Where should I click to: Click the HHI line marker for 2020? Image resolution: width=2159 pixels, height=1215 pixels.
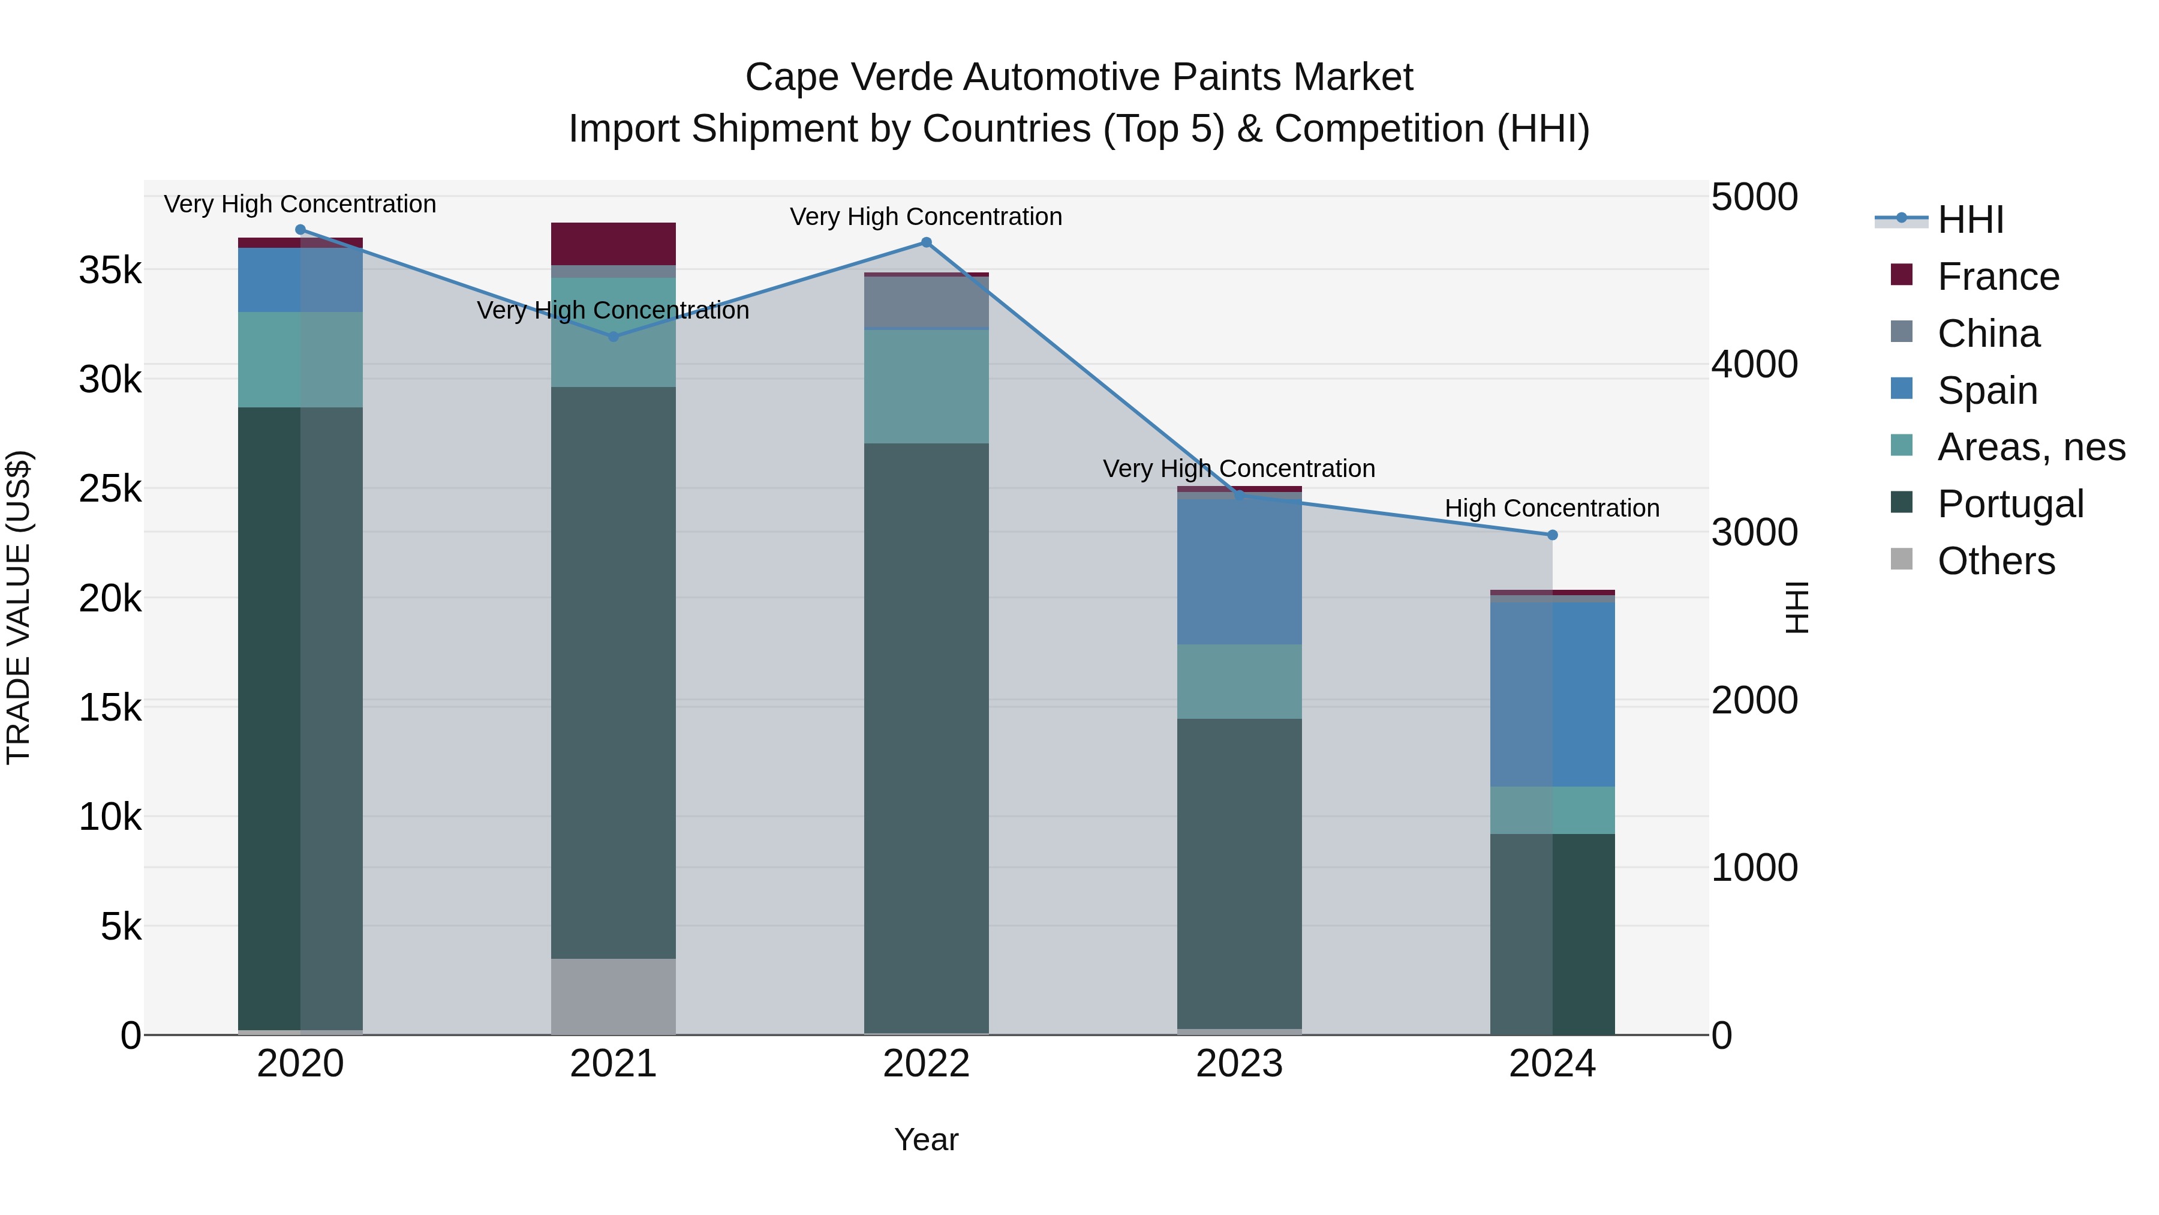(300, 230)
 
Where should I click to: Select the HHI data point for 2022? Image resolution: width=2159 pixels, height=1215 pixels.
(926, 242)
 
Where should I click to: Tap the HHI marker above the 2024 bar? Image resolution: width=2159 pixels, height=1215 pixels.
(1552, 535)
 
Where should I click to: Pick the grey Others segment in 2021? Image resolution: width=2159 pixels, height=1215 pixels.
(613, 996)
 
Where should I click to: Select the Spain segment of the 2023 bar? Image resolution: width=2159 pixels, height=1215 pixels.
(1239, 572)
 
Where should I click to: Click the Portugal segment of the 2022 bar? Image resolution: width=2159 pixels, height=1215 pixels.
(926, 738)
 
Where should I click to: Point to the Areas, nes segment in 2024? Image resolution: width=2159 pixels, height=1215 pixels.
(1552, 810)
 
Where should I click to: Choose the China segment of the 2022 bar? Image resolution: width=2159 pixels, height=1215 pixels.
(926, 302)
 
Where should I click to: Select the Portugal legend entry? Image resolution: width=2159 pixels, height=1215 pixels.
(2010, 504)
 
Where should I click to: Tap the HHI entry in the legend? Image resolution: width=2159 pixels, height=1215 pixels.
(1969, 220)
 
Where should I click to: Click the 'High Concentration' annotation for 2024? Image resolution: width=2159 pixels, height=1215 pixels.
(1551, 508)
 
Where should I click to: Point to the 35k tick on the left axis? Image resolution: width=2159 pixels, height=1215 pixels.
(110, 270)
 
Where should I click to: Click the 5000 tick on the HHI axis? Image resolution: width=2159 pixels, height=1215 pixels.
(1754, 197)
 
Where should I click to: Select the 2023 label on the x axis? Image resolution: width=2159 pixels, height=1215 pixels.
(1239, 1064)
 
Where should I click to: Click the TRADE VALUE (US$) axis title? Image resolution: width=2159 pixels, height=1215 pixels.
(19, 607)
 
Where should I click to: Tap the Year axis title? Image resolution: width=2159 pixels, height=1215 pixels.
(926, 1139)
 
